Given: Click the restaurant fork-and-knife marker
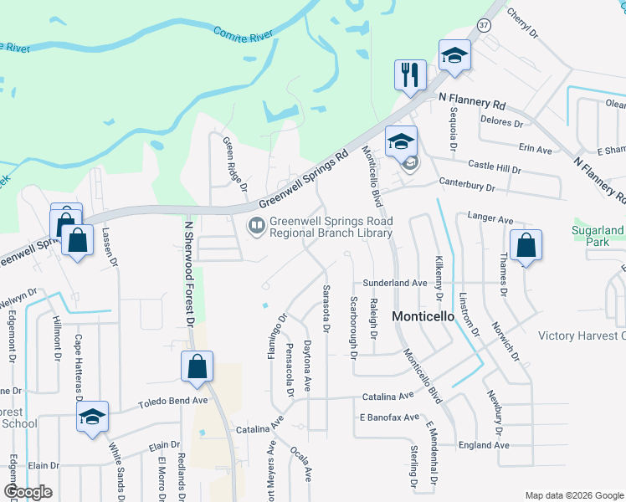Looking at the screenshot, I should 410,75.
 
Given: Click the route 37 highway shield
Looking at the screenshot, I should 484,25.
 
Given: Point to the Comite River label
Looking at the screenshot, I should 244,33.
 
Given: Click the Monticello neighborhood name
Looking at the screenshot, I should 423,316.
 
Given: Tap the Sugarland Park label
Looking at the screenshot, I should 598,235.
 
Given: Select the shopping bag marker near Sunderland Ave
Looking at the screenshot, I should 526,247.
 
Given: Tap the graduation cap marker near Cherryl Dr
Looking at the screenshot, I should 454,57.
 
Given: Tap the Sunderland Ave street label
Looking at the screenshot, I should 395,284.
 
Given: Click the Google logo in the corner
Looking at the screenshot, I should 28,492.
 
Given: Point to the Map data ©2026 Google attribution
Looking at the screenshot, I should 574,495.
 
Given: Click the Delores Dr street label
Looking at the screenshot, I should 501,122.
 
